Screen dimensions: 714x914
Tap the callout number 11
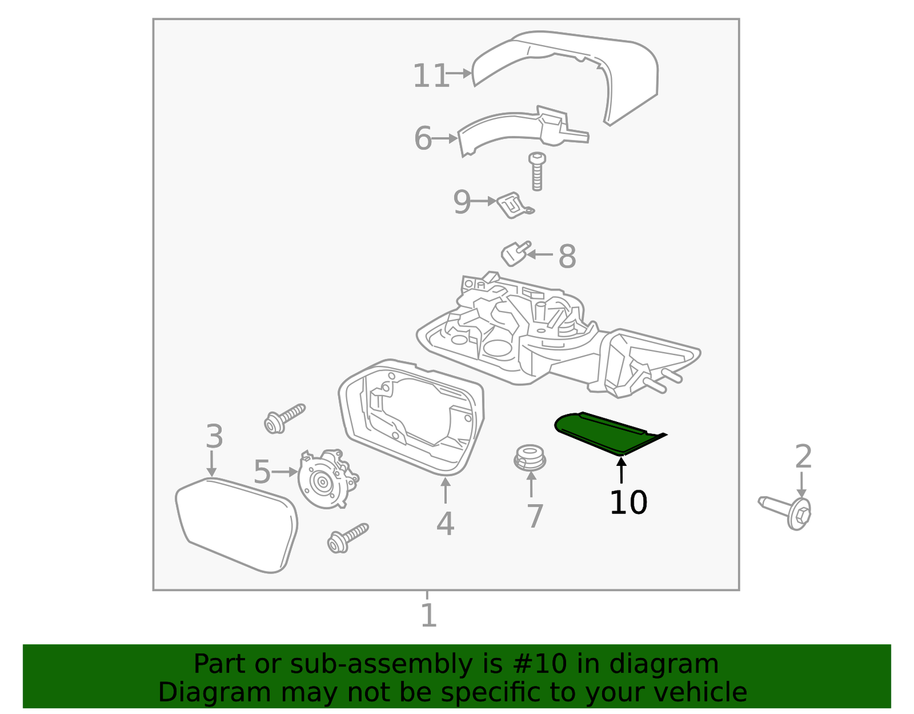431,76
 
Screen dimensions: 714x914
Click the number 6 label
422,138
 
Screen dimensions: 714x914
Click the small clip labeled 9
514,205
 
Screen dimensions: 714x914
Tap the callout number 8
567,257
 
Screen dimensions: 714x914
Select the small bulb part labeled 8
515,253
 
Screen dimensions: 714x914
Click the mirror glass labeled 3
236,524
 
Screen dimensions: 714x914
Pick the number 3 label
214,437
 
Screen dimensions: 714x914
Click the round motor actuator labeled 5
326,479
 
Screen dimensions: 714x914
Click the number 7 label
534,516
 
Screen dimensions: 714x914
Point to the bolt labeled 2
789,512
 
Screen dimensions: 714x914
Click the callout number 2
803,457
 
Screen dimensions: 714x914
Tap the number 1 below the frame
428,615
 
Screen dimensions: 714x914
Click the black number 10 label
628,502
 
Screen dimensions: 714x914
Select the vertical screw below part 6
537,171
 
